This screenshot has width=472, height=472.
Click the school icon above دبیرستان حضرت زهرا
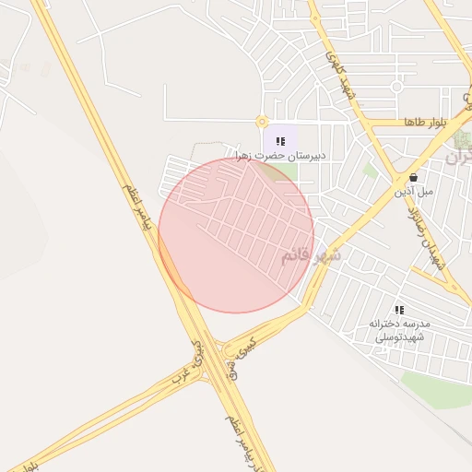click(280, 141)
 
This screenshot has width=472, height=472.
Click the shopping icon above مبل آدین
click(412, 177)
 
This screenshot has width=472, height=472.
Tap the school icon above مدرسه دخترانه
click(399, 310)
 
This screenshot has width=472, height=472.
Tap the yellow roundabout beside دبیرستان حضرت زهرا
click(263, 122)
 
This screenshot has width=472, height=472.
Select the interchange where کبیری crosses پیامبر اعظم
click(217, 355)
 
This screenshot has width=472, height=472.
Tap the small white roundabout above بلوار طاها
click(396, 87)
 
